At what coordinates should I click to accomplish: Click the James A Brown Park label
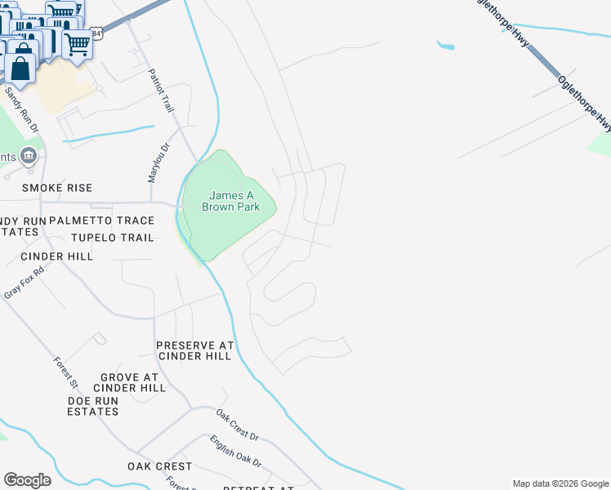[234, 201]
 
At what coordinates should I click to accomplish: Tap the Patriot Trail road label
[161, 91]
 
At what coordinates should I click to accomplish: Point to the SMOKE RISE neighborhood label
[57, 188]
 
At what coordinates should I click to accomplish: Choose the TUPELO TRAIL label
[112, 238]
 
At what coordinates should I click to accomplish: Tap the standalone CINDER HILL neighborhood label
[57, 256]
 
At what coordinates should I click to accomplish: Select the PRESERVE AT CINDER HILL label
[195, 350]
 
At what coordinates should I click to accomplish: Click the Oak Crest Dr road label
[237, 425]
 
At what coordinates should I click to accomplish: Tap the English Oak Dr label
[235, 452]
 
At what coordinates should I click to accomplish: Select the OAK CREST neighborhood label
[159, 466]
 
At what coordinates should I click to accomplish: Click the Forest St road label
[65, 372]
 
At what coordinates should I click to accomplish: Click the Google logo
[27, 480]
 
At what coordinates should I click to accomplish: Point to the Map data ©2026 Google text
[560, 483]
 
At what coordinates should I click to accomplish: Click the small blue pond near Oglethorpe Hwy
[446, 46]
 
